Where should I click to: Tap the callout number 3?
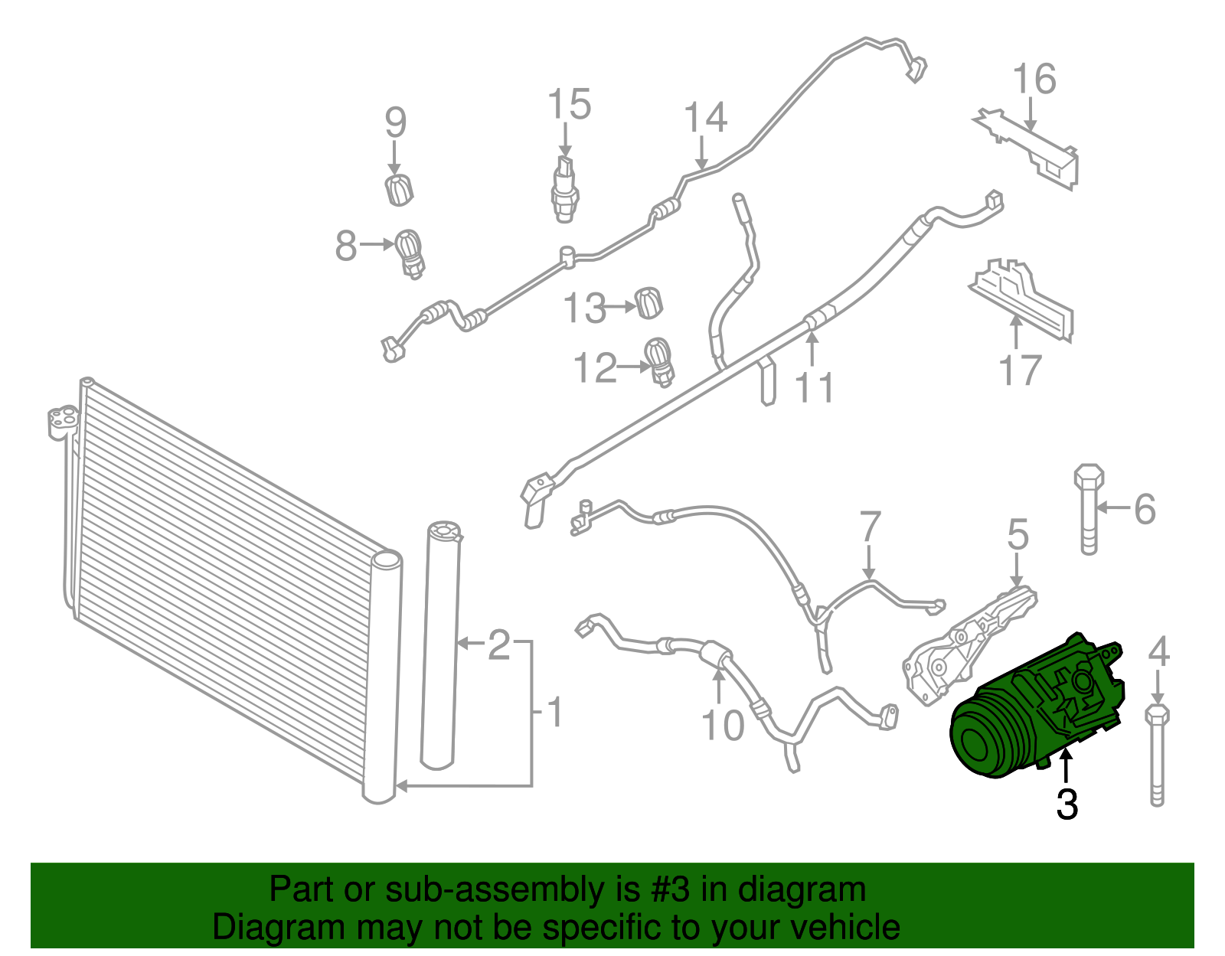tap(1067, 804)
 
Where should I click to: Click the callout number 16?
tap(1034, 80)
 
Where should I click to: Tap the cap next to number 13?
tap(648, 302)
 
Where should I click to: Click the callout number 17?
tap(1020, 370)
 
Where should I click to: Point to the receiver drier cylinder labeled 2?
tap(442, 643)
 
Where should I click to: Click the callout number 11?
tap(814, 387)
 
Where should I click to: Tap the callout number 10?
tap(722, 725)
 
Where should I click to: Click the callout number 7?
tap(870, 527)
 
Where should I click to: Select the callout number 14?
tap(704, 119)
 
